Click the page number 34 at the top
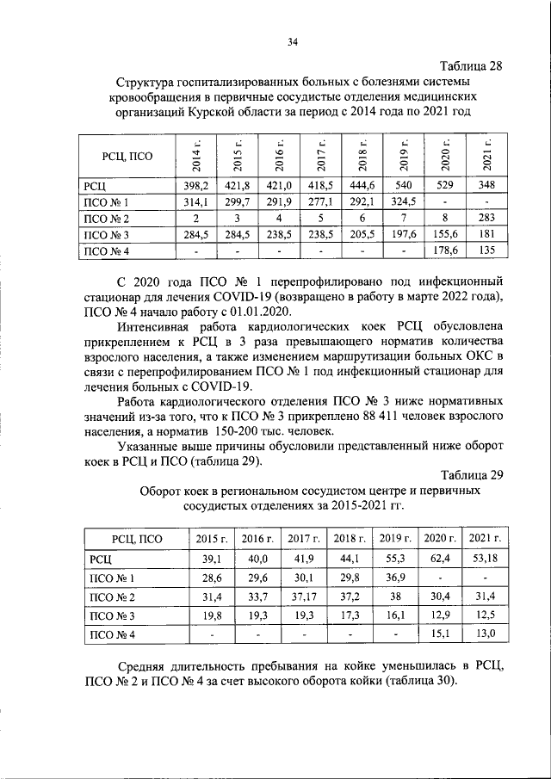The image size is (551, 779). coord(293,40)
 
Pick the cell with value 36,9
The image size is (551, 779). coord(394,578)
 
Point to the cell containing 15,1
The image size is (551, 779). coord(440,635)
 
